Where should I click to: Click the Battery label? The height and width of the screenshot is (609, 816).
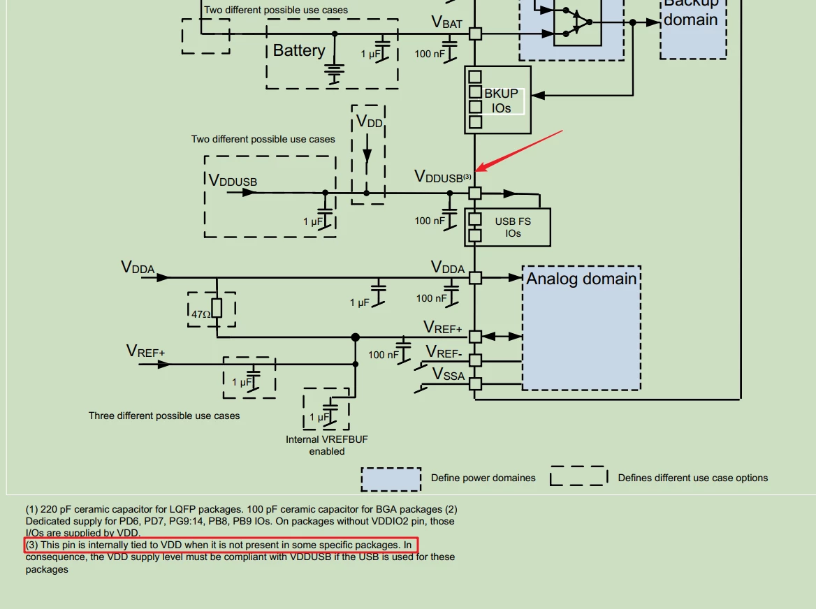(299, 50)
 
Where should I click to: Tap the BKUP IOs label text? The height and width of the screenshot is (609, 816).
(501, 101)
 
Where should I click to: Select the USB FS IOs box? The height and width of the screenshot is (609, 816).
(507, 227)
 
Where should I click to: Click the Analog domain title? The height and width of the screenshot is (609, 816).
(581, 279)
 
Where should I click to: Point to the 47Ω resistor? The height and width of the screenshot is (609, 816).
(217, 309)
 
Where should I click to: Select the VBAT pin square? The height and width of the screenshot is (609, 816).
(475, 34)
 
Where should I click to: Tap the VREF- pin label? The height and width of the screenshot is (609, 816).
(444, 353)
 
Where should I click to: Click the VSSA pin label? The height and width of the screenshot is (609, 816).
(448, 374)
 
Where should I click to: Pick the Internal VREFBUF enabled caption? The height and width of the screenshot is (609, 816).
(327, 445)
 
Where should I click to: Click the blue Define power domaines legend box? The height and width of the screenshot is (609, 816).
(391, 479)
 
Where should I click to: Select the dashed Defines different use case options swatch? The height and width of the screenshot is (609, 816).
(578, 476)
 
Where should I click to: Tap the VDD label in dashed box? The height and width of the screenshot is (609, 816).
(369, 122)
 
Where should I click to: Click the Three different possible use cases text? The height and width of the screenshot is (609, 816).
(164, 416)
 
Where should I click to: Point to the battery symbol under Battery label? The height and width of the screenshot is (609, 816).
(335, 73)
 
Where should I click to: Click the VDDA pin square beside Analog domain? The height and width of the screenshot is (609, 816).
(475, 278)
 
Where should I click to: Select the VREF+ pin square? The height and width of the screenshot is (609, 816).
(475, 337)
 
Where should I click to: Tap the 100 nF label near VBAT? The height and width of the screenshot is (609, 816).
(430, 54)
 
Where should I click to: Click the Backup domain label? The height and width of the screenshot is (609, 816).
(691, 13)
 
